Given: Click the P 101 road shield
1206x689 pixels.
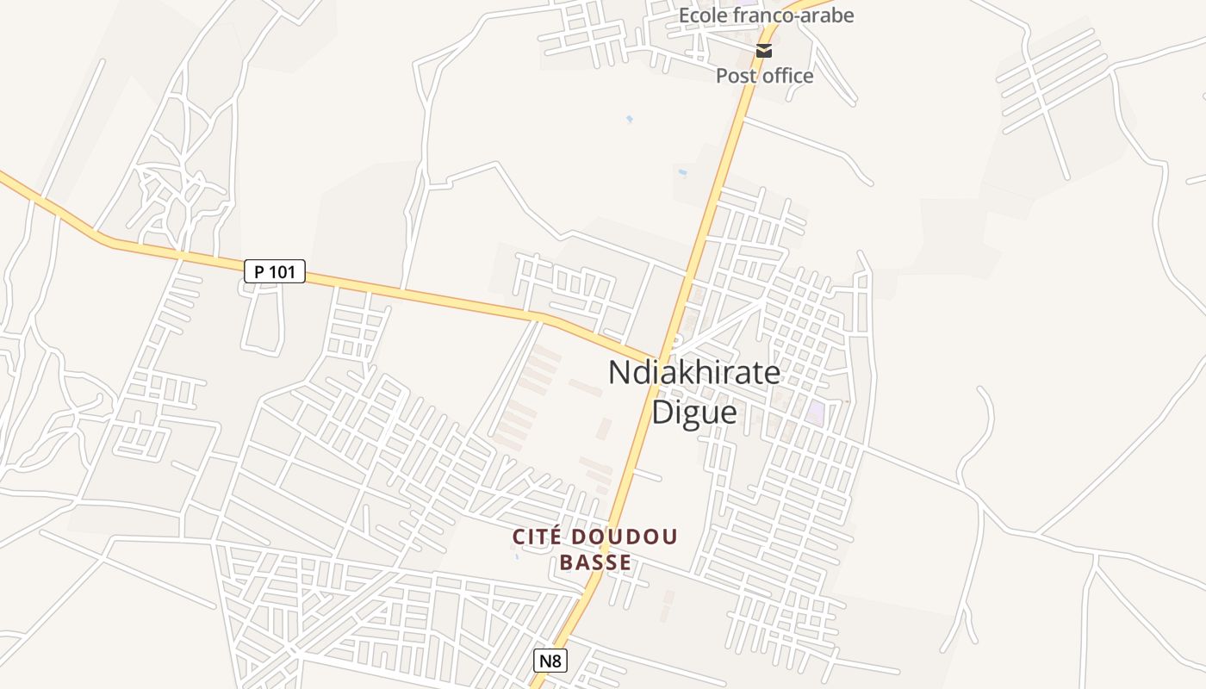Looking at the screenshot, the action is (x=275, y=272).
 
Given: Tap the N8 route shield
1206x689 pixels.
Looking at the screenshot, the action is (x=550, y=661).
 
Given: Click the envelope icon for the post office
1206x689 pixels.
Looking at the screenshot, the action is (x=764, y=51).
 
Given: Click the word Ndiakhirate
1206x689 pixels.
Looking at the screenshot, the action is (x=694, y=373).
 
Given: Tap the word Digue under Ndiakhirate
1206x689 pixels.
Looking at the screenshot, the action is (x=694, y=412).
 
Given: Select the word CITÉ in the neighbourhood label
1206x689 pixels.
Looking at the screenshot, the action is (x=535, y=537).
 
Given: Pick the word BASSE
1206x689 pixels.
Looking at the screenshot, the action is (x=595, y=563).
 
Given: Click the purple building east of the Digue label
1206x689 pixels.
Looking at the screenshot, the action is (x=815, y=413).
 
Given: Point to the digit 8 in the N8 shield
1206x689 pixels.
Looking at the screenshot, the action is (x=557, y=661).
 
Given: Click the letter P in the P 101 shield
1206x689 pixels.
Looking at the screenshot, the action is (x=259, y=272).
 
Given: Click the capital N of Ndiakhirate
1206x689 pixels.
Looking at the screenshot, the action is (x=620, y=373).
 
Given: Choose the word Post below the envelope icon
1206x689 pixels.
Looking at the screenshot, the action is (x=733, y=76).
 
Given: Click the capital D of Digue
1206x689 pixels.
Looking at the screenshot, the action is (x=664, y=412).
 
